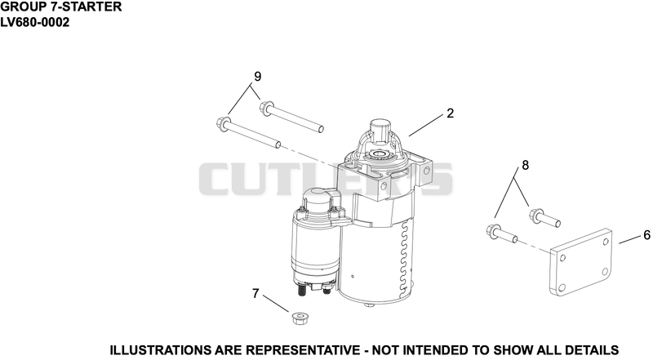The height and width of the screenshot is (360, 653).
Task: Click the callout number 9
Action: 257,77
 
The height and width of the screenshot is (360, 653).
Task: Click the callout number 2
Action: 450,113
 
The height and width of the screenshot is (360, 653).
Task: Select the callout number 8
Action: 525,166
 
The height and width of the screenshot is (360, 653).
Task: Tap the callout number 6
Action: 646,235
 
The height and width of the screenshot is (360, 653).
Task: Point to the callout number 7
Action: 255,294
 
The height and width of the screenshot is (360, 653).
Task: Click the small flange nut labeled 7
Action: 297,318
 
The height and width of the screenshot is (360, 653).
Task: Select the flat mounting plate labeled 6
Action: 581,262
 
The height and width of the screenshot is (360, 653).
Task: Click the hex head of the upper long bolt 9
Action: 266,108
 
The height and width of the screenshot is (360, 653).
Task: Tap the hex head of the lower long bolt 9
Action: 223,123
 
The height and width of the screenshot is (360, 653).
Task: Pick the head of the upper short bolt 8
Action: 535,215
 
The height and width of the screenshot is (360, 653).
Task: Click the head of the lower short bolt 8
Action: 493,231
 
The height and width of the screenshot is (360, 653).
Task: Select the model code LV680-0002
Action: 34,22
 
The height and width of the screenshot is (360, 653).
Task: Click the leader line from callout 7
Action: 276,304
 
